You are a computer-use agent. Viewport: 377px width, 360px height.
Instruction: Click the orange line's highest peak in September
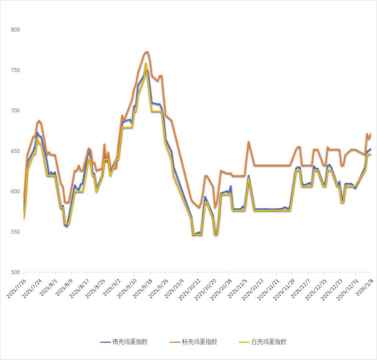pyautogui.click(x=147, y=52)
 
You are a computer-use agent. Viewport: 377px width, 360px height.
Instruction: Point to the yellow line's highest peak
pyautogui.click(x=146, y=63)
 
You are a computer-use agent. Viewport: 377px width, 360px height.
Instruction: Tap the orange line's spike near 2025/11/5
pyautogui.click(x=248, y=142)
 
